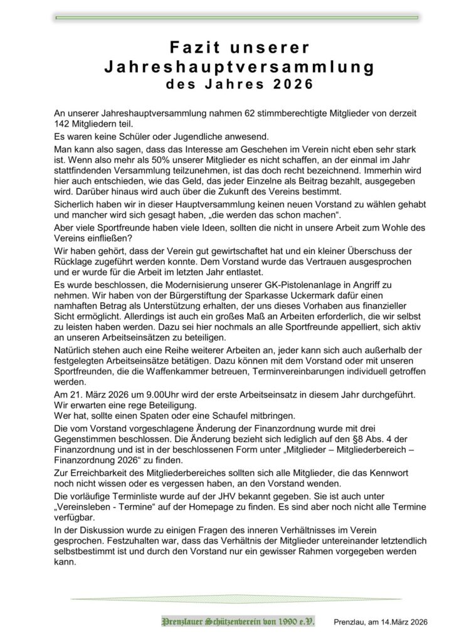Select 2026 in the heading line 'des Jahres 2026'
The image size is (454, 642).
293,83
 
